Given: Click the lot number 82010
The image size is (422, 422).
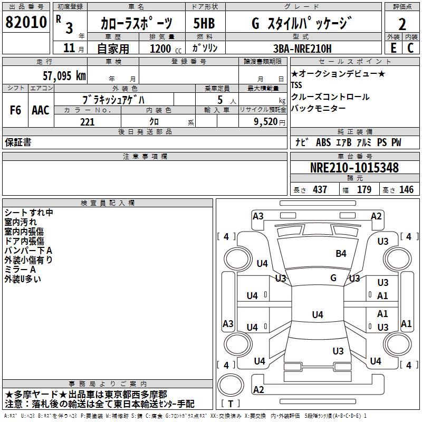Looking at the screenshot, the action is coord(26,22).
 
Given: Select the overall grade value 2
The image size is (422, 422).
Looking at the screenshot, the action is coord(402,24).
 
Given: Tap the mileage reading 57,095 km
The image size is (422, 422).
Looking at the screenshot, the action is coord(64,76).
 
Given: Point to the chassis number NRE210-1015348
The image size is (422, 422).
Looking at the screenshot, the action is coord(354,168).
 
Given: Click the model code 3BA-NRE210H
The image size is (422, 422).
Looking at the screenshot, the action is coord(302,49).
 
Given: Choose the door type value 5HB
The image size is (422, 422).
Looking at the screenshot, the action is coord(204,23).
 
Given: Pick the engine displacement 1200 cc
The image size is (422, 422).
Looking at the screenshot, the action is coord(166,49).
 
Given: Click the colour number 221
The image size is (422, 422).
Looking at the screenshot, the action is coord(87,122).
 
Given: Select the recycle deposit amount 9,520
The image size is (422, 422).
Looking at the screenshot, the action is coord(266,122).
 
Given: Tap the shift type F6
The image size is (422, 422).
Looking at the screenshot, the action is coord(15,110).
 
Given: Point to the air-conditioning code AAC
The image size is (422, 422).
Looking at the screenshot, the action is coord(41,110).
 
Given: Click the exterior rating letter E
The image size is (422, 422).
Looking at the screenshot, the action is coord(394,48).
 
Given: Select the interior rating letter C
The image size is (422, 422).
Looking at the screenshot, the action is coord(411,48).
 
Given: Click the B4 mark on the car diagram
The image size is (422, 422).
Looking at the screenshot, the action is coord(341,254).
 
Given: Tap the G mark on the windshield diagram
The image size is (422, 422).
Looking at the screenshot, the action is coord(333,277).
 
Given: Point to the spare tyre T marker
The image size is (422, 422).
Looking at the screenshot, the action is coord(231,404).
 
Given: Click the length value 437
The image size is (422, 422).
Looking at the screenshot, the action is coord(320,189).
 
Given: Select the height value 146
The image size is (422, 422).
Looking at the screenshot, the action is coord(406,189).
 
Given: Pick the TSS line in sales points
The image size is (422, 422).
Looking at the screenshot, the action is coord(296,85).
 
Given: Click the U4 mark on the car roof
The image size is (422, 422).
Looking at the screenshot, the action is coord(318,314).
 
